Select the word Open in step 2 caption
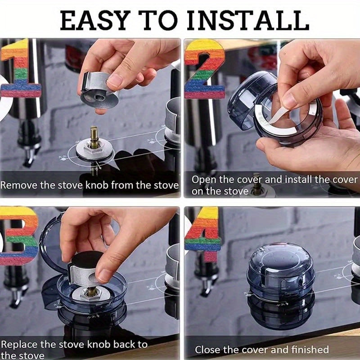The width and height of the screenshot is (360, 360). [203, 180]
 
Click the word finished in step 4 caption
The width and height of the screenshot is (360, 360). [309, 349]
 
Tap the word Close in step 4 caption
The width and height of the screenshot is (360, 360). [207, 349]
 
